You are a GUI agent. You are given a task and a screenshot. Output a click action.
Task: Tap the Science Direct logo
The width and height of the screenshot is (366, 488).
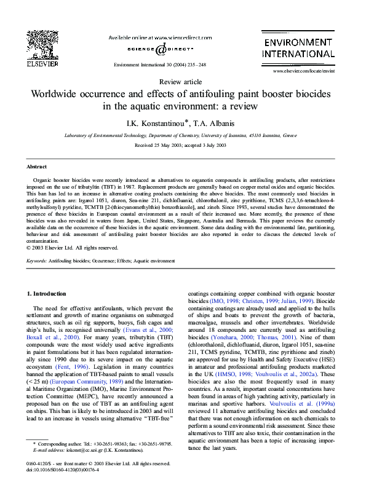pos(159,49)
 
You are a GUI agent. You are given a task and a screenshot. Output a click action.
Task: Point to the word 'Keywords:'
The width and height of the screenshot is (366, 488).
pos(36,261)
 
